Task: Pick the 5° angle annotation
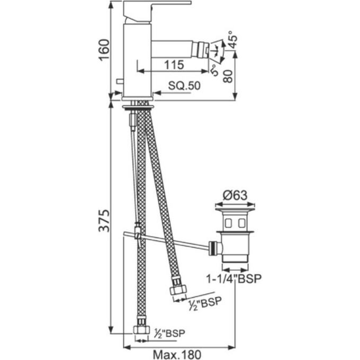coord(213,69)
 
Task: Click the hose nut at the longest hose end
coord(141,329)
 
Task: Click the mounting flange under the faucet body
coord(139,106)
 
